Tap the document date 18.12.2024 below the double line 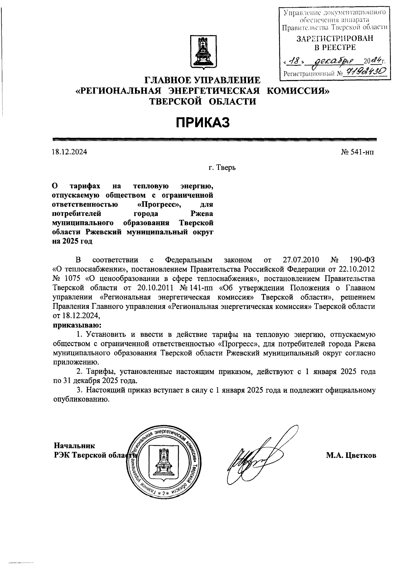70,152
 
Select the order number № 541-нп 358,152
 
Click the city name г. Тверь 222,168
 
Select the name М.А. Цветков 351,456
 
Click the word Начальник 75,446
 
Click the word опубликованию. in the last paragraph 81,399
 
